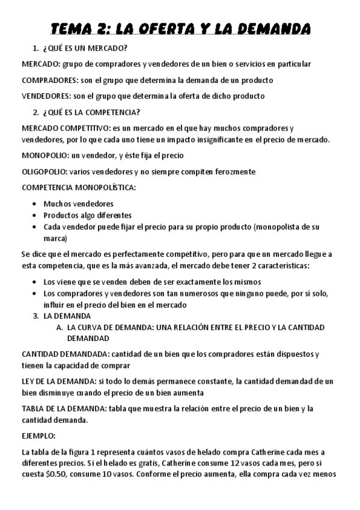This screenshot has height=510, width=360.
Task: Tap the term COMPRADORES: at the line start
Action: click(45, 80)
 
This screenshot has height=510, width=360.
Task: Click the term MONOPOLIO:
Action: click(43, 156)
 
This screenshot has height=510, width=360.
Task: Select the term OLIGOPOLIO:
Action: click(44, 171)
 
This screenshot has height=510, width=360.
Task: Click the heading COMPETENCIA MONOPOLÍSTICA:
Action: click(79, 188)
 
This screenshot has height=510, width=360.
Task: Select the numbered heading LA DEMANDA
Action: click(67, 316)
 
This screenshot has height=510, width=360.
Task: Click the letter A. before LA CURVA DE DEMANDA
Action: click(59, 327)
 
